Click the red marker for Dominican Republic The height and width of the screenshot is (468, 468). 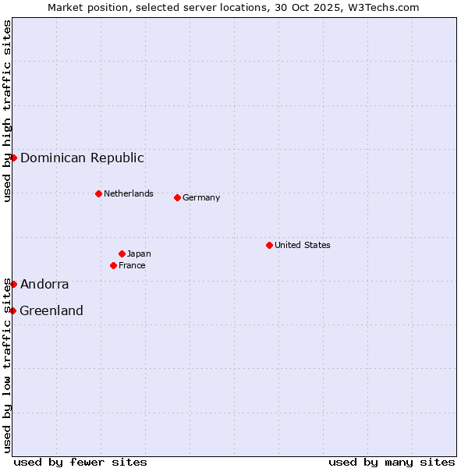point(13,158)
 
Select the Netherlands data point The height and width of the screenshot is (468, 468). point(98,193)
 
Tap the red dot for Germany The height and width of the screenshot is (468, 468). point(177,197)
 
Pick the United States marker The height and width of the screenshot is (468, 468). point(269,245)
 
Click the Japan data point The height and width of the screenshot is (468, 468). point(122,253)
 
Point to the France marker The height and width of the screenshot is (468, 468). point(113,265)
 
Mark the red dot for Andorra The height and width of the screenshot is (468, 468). point(13,284)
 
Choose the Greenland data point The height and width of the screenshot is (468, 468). point(12,310)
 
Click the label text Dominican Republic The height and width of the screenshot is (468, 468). point(82,158)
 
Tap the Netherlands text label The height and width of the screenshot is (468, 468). point(129,193)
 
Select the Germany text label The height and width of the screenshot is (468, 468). point(201,197)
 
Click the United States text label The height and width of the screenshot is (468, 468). point(303,245)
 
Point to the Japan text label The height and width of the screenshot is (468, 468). point(139,253)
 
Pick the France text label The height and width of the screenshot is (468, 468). point(132,265)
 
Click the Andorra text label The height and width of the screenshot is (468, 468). point(44,284)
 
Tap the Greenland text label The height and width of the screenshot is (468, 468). point(51,310)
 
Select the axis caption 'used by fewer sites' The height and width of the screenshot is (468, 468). point(80,462)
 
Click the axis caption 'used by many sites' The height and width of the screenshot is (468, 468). point(392,462)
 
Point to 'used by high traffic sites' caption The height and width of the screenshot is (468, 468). point(7,112)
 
